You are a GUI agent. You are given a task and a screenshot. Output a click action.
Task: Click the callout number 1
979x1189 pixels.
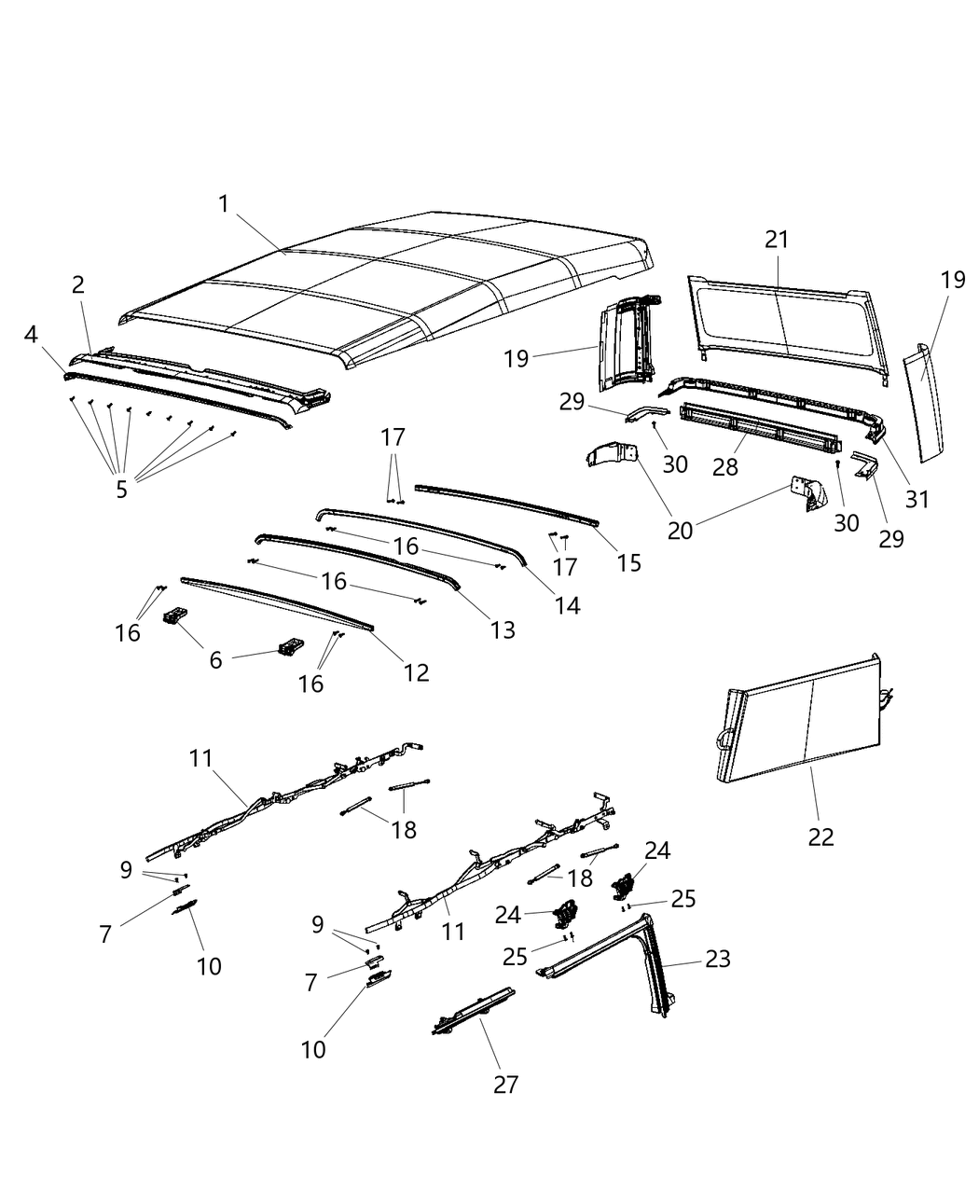(x=224, y=203)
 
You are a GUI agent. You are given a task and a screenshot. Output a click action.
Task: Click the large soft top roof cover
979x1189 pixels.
(x=392, y=289)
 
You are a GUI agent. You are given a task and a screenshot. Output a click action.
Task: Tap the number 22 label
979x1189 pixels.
(x=820, y=836)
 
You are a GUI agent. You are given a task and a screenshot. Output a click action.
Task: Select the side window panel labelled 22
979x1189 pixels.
(x=802, y=723)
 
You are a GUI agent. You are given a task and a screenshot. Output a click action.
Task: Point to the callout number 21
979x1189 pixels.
(x=777, y=240)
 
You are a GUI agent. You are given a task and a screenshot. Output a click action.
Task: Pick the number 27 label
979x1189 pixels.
(x=505, y=1084)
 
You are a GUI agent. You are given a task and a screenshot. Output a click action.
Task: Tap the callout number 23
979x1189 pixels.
(x=718, y=959)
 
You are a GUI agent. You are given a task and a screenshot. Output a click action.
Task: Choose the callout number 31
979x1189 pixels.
(x=917, y=499)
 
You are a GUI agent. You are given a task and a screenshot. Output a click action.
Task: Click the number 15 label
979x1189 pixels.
(x=629, y=563)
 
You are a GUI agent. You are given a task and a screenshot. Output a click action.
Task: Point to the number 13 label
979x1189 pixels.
(x=502, y=630)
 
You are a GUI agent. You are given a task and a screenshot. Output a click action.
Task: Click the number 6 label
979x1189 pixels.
(x=215, y=660)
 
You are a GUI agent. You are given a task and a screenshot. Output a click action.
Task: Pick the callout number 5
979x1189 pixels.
(x=121, y=490)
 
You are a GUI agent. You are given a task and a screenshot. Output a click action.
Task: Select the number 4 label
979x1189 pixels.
(x=31, y=334)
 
